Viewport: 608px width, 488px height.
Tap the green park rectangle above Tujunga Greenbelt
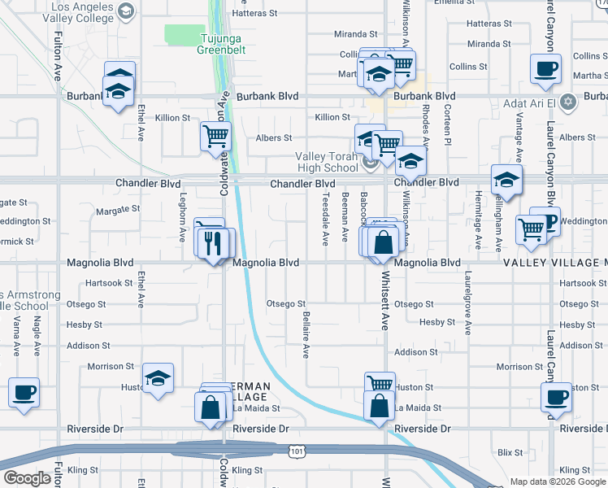pos(185,33)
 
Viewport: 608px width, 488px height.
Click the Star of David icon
pos(568,103)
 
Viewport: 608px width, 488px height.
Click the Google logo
pos(27,478)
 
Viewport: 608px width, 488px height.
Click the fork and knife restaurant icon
pos(213,242)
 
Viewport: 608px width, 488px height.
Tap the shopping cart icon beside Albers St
pos(216,136)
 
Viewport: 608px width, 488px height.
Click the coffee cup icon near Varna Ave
pos(24,392)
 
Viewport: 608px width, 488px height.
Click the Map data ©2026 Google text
pos(557,481)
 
